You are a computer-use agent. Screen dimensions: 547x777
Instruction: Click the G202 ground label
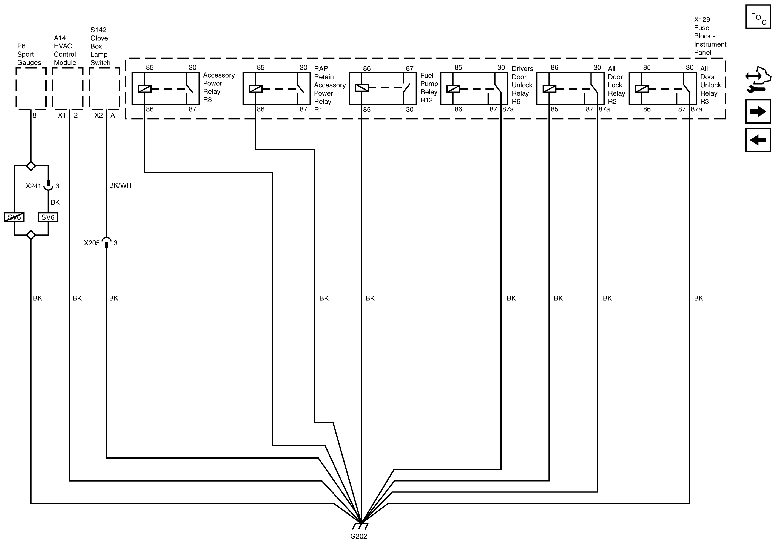click(358, 536)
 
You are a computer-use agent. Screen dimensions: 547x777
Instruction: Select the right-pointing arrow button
click(758, 111)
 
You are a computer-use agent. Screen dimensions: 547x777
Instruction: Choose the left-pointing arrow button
click(758, 140)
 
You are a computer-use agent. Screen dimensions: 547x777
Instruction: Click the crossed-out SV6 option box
click(14, 217)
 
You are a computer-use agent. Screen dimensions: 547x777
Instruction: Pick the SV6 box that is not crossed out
click(48, 217)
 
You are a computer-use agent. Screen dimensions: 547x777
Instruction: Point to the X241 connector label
click(33, 186)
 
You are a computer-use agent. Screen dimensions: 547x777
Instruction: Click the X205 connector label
click(92, 243)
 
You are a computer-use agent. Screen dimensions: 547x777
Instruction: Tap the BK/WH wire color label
click(120, 185)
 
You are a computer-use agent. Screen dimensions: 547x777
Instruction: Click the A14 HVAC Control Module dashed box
click(68, 89)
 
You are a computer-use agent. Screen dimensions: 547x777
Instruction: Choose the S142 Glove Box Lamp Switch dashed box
click(104, 89)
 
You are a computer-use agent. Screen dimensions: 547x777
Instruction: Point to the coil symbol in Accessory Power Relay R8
click(144, 89)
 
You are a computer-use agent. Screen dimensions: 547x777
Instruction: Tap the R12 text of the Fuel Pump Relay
click(426, 100)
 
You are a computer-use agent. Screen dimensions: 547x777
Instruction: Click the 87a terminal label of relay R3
click(696, 109)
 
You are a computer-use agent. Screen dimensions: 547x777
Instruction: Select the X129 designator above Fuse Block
click(702, 20)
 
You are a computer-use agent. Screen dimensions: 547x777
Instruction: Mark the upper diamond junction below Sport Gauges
click(31, 166)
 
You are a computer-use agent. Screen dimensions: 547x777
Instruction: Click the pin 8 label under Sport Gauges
click(35, 115)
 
